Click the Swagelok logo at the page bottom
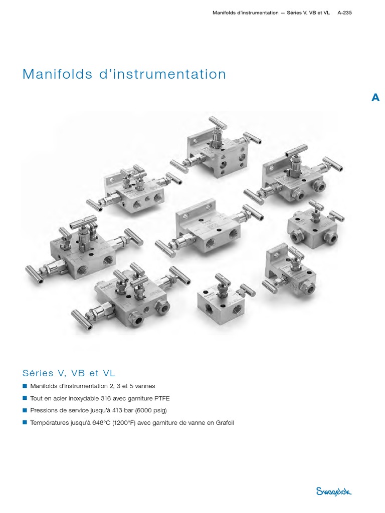point(333,491)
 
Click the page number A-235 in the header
point(345,13)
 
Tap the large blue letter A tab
point(375,98)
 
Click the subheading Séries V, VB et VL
point(69,373)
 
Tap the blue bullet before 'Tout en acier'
point(25,398)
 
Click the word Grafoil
point(225,423)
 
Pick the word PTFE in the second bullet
point(162,398)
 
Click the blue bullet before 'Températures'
point(25,422)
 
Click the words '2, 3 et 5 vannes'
point(132,386)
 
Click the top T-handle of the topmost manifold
point(217,122)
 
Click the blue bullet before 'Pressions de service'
point(25,410)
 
